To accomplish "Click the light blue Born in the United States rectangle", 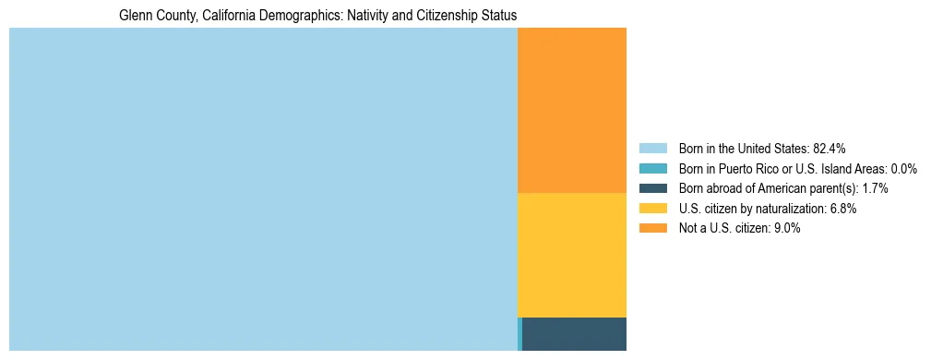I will point(263,189).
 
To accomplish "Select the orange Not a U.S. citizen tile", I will point(572,110).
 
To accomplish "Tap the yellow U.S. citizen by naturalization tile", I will point(572,255).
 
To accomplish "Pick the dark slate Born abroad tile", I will point(575,333).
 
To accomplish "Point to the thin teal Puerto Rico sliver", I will point(519,333).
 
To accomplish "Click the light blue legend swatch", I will point(652,149).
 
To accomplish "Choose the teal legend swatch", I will point(652,169).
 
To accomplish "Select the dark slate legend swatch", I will point(652,188).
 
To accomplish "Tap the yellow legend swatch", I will point(652,209).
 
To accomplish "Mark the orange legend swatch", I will point(652,228).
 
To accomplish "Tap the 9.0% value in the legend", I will point(787,228).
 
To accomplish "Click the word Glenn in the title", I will point(135,16).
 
